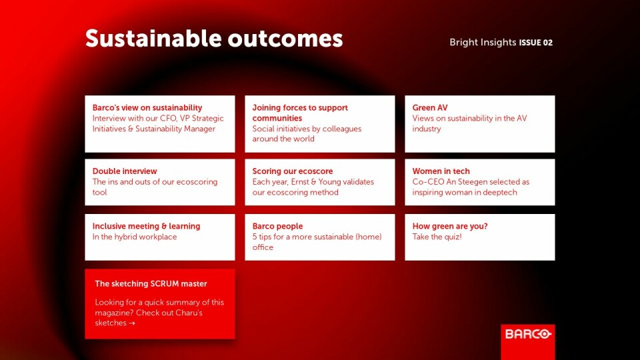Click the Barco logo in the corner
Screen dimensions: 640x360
pyautogui.click(x=528, y=334)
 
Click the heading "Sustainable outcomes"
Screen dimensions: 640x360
pyautogui.click(x=214, y=39)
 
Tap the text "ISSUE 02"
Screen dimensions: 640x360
pyautogui.click(x=535, y=43)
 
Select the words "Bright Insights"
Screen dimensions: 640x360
pyautogui.click(x=483, y=42)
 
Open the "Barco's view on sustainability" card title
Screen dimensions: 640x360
pyautogui.click(x=147, y=108)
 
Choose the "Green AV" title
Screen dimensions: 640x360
pyautogui.click(x=430, y=108)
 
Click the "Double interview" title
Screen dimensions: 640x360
pyautogui.click(x=125, y=171)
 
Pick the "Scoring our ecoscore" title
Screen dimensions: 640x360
pyautogui.click(x=292, y=171)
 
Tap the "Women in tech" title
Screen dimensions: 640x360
pyautogui.click(x=441, y=171)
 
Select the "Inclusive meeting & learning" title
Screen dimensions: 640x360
pyautogui.click(x=146, y=226)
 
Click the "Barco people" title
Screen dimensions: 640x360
pyautogui.click(x=277, y=226)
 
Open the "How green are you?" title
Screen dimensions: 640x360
pyautogui.click(x=450, y=226)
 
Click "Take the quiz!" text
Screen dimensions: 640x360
pyautogui.click(x=437, y=237)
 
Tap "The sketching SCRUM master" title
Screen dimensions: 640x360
pyautogui.click(x=151, y=284)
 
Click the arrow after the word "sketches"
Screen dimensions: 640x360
pyautogui.click(x=131, y=323)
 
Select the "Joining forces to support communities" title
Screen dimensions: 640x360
pyautogui.click(x=300, y=113)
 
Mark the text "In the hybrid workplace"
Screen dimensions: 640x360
pyautogui.click(x=134, y=237)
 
